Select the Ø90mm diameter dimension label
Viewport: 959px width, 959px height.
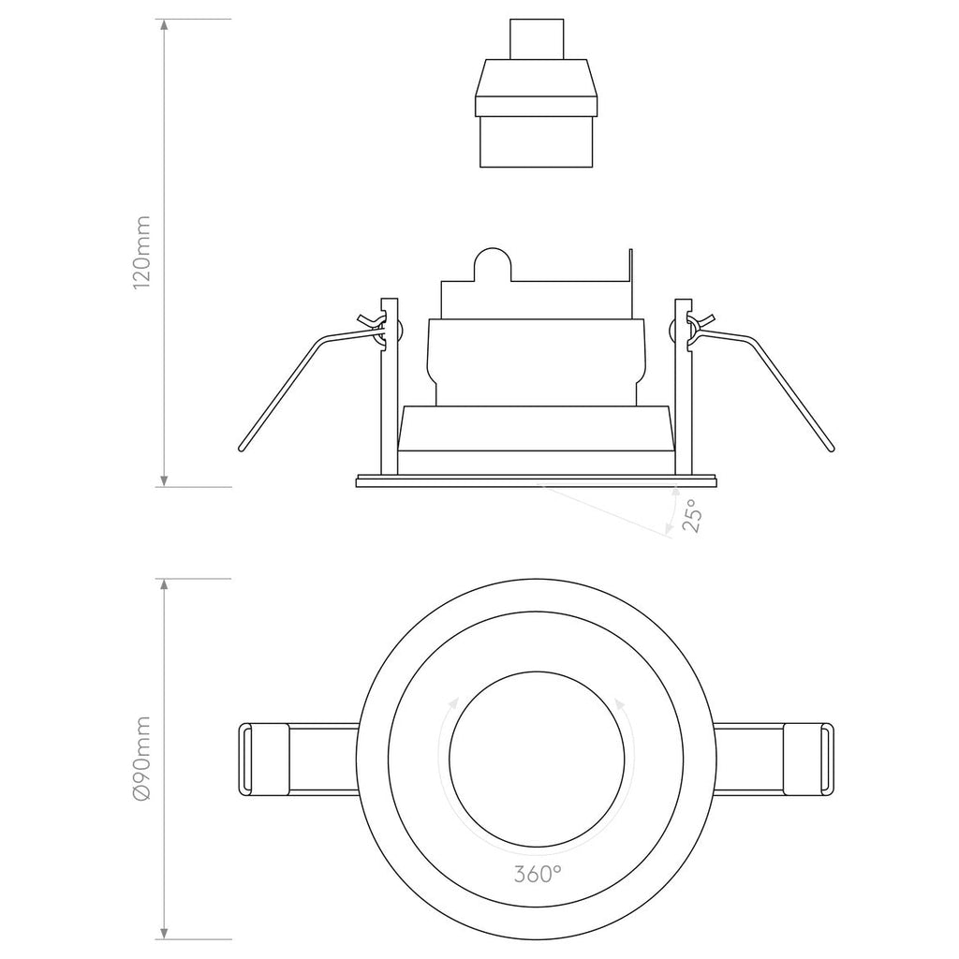[x=141, y=759]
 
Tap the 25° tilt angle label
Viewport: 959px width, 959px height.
[x=690, y=516]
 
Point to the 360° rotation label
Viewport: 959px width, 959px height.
[x=538, y=875]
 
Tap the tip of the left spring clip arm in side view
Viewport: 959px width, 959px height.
[x=241, y=449]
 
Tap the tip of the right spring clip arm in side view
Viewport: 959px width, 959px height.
[x=830, y=449]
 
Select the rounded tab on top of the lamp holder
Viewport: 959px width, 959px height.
[x=493, y=263]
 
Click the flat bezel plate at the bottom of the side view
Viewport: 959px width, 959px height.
[x=537, y=481]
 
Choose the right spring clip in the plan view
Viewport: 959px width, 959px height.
[x=806, y=758]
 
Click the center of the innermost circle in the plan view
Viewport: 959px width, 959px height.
[x=537, y=758]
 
